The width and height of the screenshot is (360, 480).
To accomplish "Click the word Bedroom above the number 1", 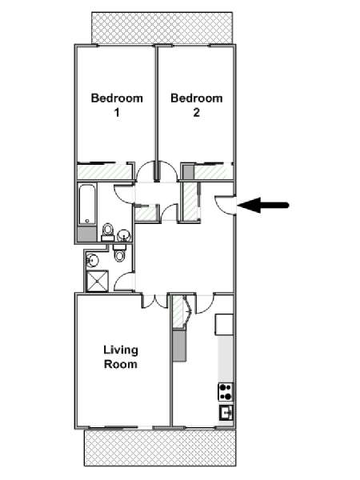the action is [x=117, y=98].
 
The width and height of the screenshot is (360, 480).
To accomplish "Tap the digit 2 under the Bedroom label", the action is [x=196, y=113].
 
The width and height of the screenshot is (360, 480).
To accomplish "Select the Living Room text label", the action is [x=121, y=357].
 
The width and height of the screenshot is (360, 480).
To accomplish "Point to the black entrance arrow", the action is [x=263, y=205].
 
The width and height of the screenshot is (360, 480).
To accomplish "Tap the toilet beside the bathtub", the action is [x=107, y=232].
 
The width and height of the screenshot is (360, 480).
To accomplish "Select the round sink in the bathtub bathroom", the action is [x=124, y=235].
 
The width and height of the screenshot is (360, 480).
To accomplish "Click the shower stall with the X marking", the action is [x=98, y=281].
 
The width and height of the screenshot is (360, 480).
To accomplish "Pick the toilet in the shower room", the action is [x=119, y=253].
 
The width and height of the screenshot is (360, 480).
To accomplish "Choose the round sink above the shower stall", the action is [x=92, y=260].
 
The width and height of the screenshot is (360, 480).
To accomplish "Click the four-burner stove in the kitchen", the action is [x=226, y=392].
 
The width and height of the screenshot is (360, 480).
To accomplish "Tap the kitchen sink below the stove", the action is [x=226, y=413].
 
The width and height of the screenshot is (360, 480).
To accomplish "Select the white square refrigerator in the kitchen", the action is [x=224, y=325].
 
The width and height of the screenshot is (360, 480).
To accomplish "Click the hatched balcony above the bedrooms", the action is [x=162, y=28].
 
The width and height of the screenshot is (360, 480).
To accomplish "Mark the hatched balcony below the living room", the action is [x=160, y=447].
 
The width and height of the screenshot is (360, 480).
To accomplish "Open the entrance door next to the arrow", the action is [x=225, y=205].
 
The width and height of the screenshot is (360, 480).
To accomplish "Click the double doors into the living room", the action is [x=155, y=302].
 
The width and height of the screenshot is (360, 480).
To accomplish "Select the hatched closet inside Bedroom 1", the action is [x=104, y=172].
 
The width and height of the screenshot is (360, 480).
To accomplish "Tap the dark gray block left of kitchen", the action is [x=179, y=346].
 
